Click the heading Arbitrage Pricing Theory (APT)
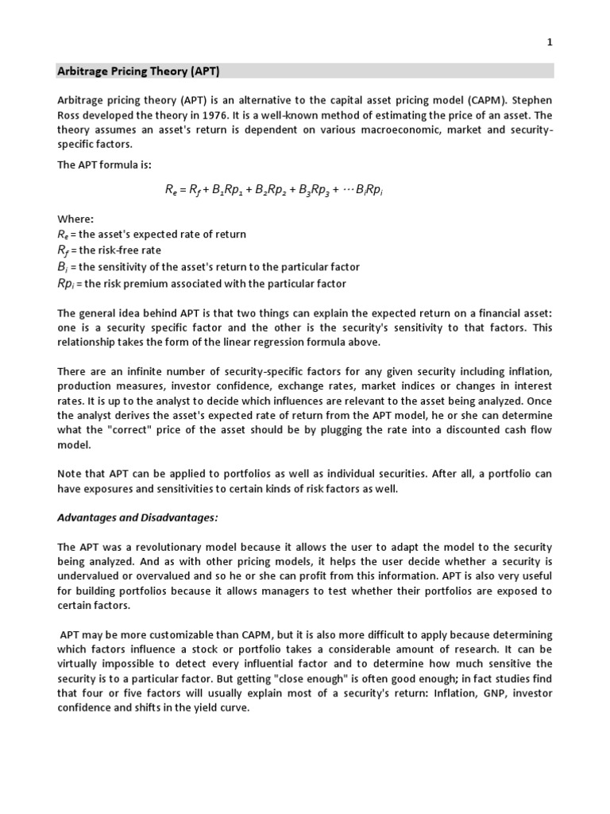tap(137, 71)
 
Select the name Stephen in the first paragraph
tap(529, 101)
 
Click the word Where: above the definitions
tap(75, 219)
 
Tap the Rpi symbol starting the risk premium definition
tap(67, 283)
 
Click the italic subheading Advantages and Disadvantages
tap(137, 517)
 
